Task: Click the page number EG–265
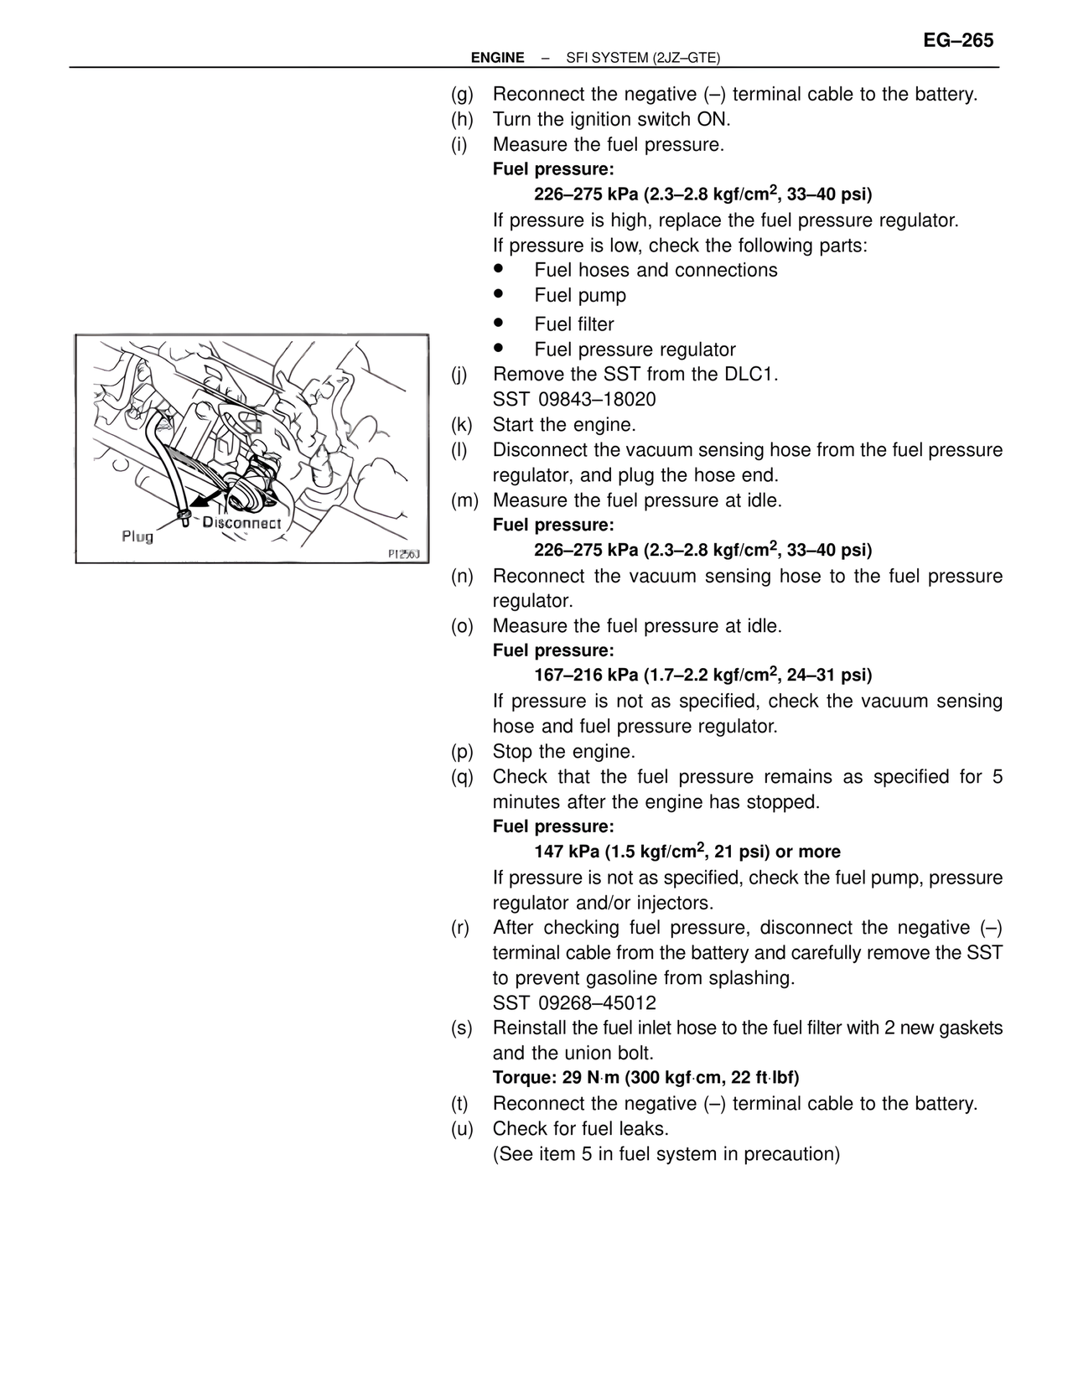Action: [958, 40]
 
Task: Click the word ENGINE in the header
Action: [497, 58]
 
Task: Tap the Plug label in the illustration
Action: [137, 536]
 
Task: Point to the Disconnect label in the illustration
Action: [241, 522]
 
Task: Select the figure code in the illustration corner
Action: [405, 554]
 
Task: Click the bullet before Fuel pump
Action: [498, 294]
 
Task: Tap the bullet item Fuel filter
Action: [573, 324]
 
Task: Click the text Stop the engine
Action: [563, 751]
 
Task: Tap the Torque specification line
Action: [645, 1078]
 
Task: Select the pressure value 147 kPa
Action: [566, 852]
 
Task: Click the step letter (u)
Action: [462, 1128]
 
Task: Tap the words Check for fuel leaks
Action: [580, 1128]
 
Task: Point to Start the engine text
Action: [564, 424]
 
